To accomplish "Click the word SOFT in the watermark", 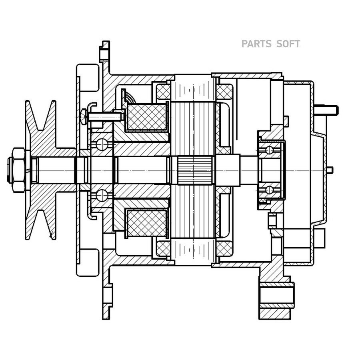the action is [x=288, y=44].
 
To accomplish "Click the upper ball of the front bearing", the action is [x=102, y=144].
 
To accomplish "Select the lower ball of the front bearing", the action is [x=102, y=195].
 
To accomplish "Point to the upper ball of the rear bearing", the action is [x=270, y=150].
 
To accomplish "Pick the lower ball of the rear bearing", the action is [x=270, y=190].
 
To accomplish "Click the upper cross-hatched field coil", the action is [x=147, y=117].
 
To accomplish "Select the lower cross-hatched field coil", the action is [x=147, y=223].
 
